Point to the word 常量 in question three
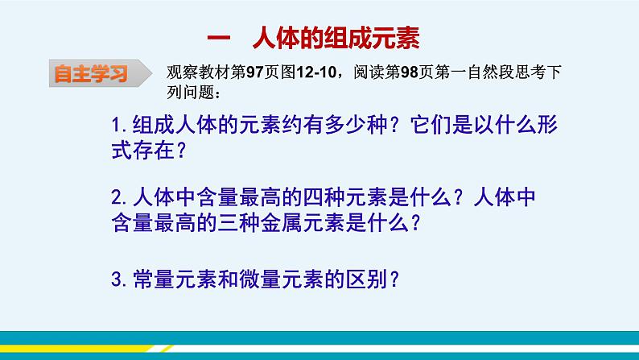click(150, 279)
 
